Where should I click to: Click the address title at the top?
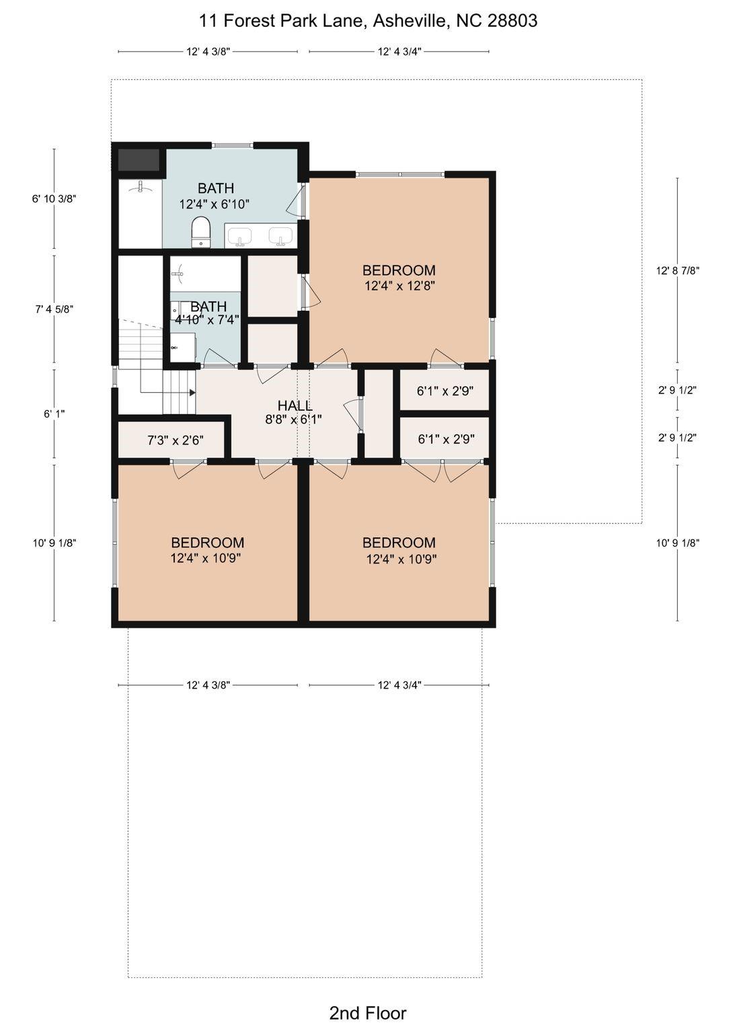pos(368,21)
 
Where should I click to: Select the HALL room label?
pos(295,406)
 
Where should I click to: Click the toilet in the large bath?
pos(200,232)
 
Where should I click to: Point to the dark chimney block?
pos(139,159)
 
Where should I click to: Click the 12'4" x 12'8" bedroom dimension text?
pos(400,286)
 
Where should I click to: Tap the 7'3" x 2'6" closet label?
pos(176,441)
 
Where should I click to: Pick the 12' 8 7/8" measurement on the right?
pos(677,271)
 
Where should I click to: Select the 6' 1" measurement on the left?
pos(54,414)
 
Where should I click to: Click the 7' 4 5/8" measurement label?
pos(54,309)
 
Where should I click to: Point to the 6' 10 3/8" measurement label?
pos(54,199)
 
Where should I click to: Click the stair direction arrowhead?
pos(192,393)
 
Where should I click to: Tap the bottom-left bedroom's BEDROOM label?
pos(208,542)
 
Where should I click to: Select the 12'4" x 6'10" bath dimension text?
pos(214,204)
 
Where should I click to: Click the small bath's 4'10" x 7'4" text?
pos(207,319)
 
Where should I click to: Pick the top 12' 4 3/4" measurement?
pos(399,52)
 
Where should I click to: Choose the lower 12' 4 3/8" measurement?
pos(208,685)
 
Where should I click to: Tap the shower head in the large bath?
pos(139,187)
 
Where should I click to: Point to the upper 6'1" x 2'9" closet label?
pos(445,391)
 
